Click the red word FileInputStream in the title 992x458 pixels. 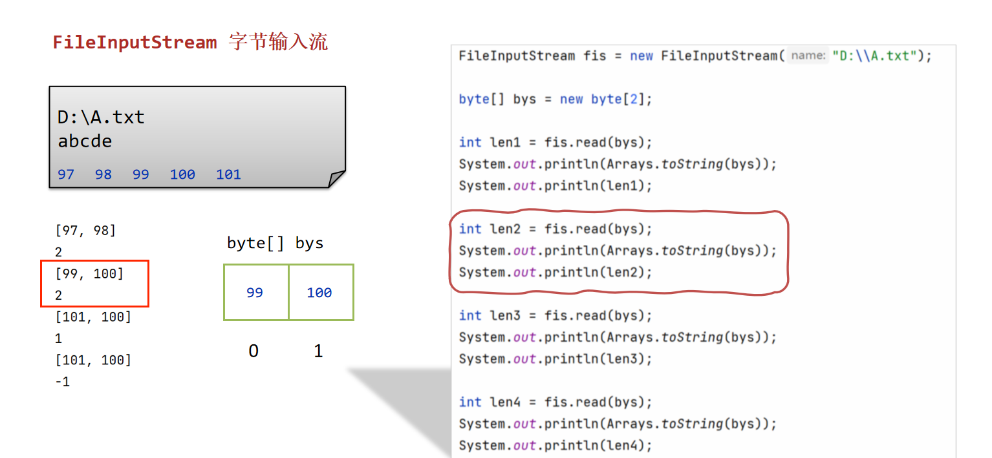pyautogui.click(x=135, y=43)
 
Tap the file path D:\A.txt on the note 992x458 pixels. pyautogui.click(x=101, y=118)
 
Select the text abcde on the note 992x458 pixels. pyautogui.click(x=85, y=141)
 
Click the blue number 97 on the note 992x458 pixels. pyautogui.click(x=66, y=174)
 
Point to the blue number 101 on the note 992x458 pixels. pyautogui.click(x=228, y=174)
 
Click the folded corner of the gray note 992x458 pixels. pyautogui.click(x=337, y=179)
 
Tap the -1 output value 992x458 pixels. pyautogui.click(x=63, y=382)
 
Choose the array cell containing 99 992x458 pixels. pyautogui.click(x=255, y=293)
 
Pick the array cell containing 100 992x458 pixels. pyautogui.click(x=320, y=293)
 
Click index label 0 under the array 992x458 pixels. pyautogui.click(x=253, y=351)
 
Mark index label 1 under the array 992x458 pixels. pyautogui.click(x=318, y=351)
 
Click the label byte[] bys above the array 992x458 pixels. pyautogui.click(x=275, y=243)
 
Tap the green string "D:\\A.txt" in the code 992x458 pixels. pyautogui.click(x=875, y=56)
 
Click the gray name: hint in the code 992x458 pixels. pyautogui.click(x=808, y=56)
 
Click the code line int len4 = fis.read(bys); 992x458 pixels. pyautogui.click(x=555, y=402)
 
